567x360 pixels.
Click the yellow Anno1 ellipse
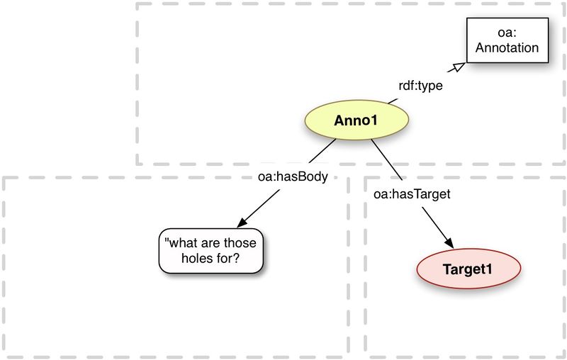click(354, 120)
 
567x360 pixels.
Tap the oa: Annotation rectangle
click(507, 40)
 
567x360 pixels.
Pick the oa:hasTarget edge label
click(411, 192)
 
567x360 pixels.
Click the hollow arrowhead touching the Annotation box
click(459, 67)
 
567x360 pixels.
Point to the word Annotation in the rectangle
click(507, 47)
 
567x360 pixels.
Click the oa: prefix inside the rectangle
click(507, 33)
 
